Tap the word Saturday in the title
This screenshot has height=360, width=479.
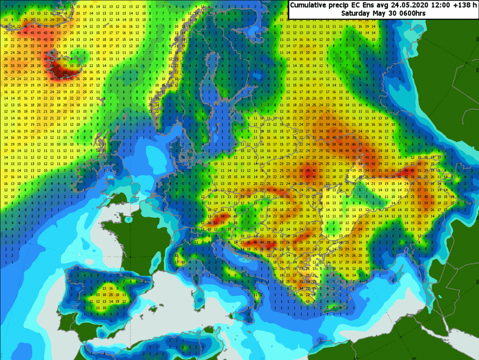(x=356, y=13)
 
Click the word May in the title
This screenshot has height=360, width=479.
(x=379, y=13)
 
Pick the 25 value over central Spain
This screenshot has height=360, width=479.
(x=110, y=294)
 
